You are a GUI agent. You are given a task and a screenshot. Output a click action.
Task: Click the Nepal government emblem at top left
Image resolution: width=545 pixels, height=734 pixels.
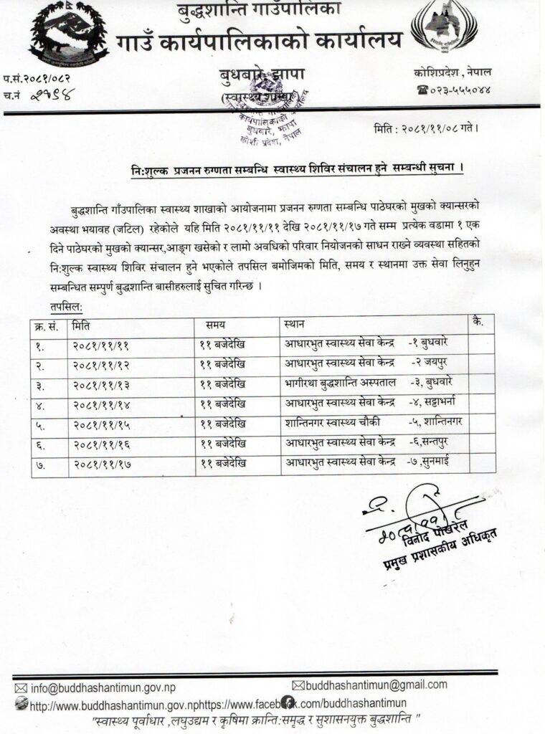62,34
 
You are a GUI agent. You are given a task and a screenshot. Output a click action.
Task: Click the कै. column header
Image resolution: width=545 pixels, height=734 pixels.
478,323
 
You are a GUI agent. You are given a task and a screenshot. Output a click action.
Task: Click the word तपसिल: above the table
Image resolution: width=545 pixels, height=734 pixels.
65,306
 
